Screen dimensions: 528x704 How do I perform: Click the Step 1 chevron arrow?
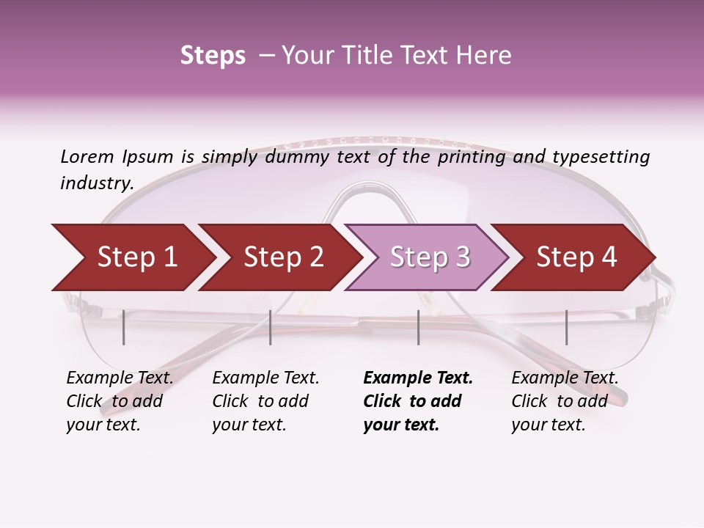tap(132, 257)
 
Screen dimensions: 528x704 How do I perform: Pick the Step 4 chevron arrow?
tap(576, 257)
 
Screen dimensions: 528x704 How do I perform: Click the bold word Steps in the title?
tap(213, 56)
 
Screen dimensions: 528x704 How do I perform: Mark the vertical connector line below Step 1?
tap(124, 327)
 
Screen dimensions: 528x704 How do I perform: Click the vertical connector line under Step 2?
tap(271, 327)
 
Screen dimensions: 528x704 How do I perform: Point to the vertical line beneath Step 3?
tap(419, 327)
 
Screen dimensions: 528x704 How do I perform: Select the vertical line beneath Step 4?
tap(566, 327)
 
